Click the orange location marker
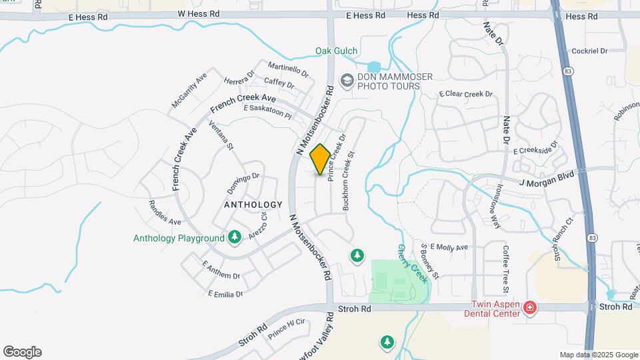320,159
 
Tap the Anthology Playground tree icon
234,237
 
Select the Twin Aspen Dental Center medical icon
529,308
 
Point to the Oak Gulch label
336,51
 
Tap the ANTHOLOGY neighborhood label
253,205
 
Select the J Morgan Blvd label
547,176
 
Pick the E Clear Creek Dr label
465,95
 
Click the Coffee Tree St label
506,269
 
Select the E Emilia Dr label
225,293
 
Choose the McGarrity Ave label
189,90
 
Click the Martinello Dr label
288,69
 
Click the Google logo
22,352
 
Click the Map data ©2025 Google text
599,355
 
